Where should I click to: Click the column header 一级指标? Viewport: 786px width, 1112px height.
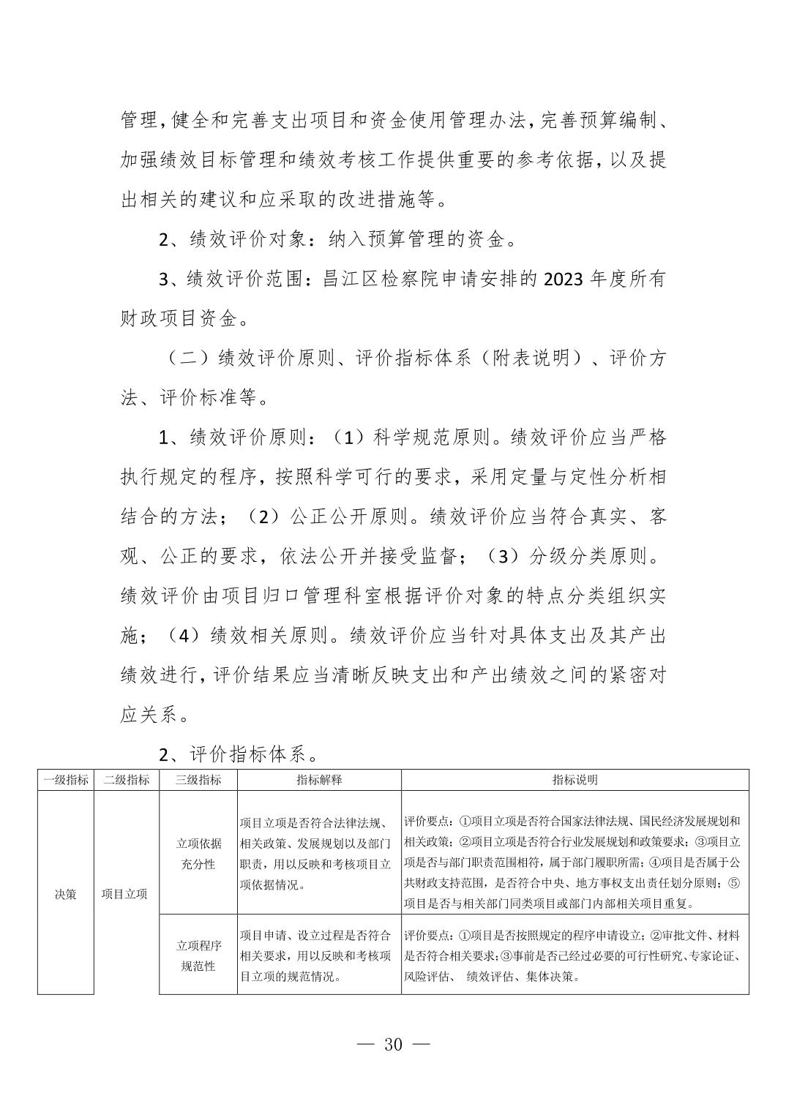pyautogui.click(x=66, y=780)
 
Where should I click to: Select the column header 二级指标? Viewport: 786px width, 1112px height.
pyautogui.click(x=126, y=780)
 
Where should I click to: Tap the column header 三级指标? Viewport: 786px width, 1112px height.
pyautogui.click(x=198, y=780)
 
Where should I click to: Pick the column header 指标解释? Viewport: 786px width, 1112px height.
pyautogui.click(x=319, y=780)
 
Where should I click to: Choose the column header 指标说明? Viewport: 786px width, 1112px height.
pyautogui.click(x=574, y=780)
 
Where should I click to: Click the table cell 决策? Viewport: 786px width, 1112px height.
pyautogui.click(x=66, y=893)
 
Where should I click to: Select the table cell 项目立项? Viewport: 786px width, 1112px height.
pyautogui.click(x=126, y=893)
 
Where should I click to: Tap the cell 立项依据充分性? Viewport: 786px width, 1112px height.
pyautogui.click(x=198, y=853)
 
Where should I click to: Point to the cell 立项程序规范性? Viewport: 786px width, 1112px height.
pyautogui.click(x=198, y=955)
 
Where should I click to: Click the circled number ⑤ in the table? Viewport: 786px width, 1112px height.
pyautogui.click(x=734, y=883)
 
